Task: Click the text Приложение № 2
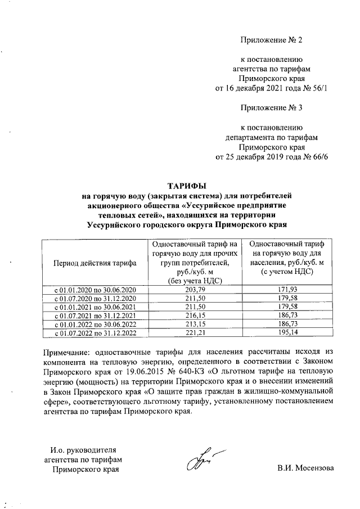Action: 271,40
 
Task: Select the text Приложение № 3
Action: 271,107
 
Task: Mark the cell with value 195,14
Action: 288,335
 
